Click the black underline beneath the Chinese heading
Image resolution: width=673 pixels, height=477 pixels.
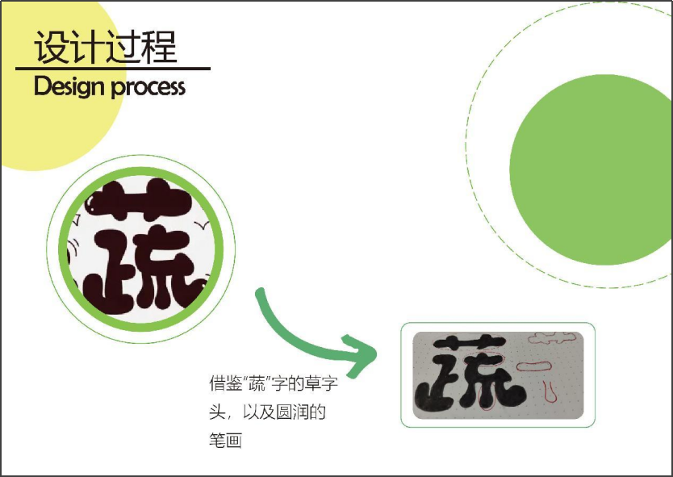[113, 69]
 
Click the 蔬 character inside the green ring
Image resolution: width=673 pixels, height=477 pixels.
[141, 258]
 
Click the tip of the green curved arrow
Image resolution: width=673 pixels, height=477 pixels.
[374, 352]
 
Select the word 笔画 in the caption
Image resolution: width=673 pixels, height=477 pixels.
[225, 441]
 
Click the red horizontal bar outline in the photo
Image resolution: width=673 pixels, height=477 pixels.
[533, 366]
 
